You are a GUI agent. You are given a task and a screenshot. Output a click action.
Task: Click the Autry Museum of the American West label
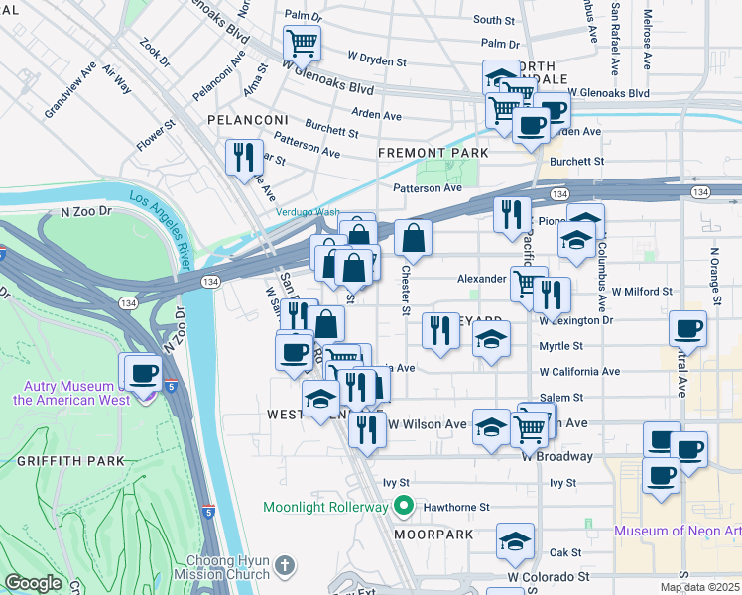click(x=64, y=393)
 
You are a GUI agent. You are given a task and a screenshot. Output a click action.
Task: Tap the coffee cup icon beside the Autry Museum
click(x=144, y=373)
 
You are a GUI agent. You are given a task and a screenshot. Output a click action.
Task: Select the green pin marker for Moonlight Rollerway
click(x=403, y=507)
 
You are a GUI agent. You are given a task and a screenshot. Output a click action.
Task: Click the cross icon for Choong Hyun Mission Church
click(x=285, y=566)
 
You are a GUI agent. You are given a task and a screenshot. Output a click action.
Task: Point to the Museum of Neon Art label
click(x=677, y=531)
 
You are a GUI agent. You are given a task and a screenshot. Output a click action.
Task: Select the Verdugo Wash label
click(x=307, y=212)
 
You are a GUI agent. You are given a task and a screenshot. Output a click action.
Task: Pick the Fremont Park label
click(x=433, y=153)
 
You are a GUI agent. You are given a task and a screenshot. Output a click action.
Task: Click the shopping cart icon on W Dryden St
click(x=303, y=43)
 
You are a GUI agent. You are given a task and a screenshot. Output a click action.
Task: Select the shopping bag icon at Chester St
click(x=414, y=238)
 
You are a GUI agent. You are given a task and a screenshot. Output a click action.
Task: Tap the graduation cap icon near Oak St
click(x=514, y=541)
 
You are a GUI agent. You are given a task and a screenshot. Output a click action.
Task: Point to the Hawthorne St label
click(x=457, y=507)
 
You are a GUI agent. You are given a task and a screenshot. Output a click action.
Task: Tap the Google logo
click(x=33, y=583)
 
